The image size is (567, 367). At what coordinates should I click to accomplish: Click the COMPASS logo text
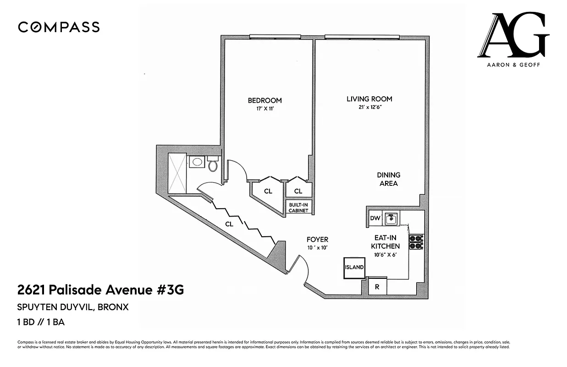pyautogui.click(x=59, y=27)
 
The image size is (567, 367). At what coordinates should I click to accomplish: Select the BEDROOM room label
pyautogui.click(x=264, y=100)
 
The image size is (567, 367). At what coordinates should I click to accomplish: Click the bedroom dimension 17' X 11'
pyautogui.click(x=264, y=109)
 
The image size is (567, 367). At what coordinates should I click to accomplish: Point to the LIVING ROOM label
pyautogui.click(x=369, y=99)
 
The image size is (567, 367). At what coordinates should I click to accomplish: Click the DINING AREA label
pyautogui.click(x=388, y=179)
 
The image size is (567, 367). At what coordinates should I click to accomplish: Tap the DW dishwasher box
pyautogui.click(x=375, y=218)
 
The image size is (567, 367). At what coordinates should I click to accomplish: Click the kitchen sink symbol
pyautogui.click(x=391, y=219)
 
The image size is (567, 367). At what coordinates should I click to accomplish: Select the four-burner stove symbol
pyautogui.click(x=416, y=242)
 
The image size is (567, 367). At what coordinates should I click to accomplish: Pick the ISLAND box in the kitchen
pyautogui.click(x=354, y=267)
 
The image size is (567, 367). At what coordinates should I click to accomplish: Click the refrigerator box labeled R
pyautogui.click(x=377, y=287)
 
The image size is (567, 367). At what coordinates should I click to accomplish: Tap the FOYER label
pyautogui.click(x=317, y=239)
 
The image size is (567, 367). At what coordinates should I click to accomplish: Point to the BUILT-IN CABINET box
pyautogui.click(x=298, y=208)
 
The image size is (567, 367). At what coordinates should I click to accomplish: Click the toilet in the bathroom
pyautogui.click(x=213, y=164)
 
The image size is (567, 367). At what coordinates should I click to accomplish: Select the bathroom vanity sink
pyautogui.click(x=197, y=161)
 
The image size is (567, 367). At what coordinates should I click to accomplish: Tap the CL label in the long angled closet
pyautogui.click(x=229, y=224)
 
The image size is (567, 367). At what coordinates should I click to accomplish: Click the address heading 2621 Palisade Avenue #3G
pyautogui.click(x=100, y=290)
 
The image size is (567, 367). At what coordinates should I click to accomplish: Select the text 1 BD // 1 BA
pyautogui.click(x=41, y=322)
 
